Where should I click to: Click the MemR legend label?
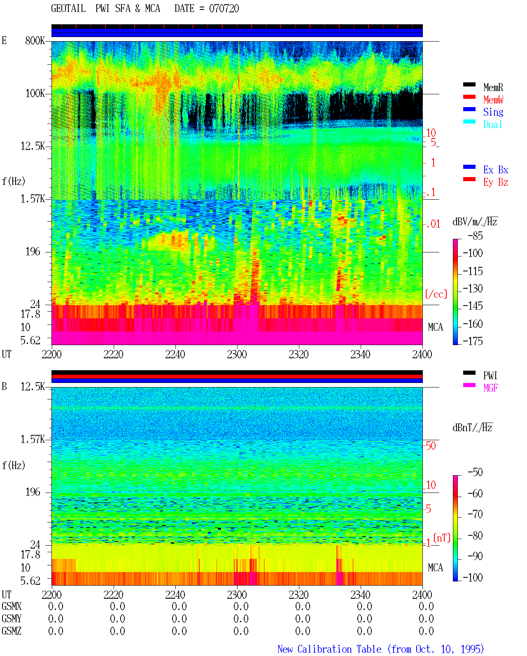(x=493, y=87)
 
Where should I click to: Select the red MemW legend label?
(x=493, y=100)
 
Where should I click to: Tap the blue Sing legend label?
(x=493, y=112)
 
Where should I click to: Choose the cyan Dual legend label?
(x=492, y=124)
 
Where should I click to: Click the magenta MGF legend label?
(x=490, y=388)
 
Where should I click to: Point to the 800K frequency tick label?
(x=35, y=40)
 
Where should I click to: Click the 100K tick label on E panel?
(x=35, y=93)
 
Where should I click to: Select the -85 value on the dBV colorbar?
(x=475, y=236)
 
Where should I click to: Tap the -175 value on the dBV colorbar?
(x=473, y=341)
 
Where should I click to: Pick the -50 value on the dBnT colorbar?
(x=475, y=472)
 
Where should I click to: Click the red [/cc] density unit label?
(x=436, y=294)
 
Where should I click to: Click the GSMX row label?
(x=12, y=606)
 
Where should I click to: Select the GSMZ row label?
(x=12, y=631)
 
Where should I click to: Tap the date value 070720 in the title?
(x=224, y=9)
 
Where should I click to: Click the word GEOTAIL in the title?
(x=68, y=9)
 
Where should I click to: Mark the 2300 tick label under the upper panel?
(x=237, y=354)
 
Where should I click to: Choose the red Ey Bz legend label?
(x=496, y=182)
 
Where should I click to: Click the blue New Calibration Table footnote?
(x=381, y=649)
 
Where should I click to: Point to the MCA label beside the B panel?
(x=435, y=567)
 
